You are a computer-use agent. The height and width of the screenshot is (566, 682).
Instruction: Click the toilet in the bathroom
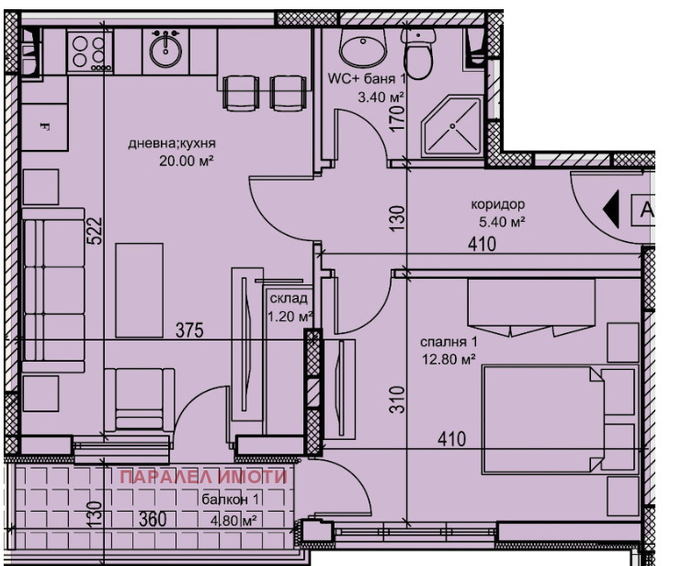click(417, 54)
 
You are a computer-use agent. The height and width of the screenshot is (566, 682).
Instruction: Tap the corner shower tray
click(451, 126)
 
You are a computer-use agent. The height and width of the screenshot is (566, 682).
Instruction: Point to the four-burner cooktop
click(89, 52)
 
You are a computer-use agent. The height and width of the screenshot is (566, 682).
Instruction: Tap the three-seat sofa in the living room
click(53, 290)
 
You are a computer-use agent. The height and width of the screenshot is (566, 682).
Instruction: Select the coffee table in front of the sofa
click(139, 291)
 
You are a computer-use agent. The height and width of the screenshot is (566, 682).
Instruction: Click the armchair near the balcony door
click(140, 399)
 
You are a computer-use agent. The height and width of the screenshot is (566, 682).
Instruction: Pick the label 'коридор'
click(497, 203)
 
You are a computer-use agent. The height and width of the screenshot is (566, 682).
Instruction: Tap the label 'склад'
click(289, 299)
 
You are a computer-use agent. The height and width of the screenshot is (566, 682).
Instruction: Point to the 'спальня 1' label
click(449, 341)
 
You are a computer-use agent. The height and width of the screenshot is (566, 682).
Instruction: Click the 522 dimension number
click(97, 231)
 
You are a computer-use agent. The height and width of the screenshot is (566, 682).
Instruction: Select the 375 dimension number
click(189, 330)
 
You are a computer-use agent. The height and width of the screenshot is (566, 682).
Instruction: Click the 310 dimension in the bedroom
click(398, 399)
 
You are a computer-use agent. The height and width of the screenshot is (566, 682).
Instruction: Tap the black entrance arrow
click(610, 210)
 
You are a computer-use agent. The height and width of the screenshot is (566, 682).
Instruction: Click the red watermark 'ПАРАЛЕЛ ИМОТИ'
click(203, 477)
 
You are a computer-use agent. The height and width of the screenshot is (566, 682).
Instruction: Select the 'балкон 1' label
click(230, 500)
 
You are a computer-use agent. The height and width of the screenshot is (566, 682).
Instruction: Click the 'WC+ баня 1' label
click(367, 79)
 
